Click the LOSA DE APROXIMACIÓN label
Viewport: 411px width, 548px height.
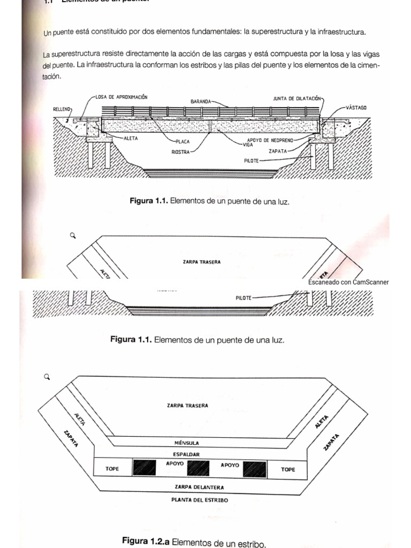point(121,97)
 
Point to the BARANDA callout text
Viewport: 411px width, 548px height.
point(201,101)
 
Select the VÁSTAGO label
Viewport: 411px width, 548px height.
point(356,108)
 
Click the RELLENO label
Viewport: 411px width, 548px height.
point(62,109)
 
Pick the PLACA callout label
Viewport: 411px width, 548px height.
point(184,142)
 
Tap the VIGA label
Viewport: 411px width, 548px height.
point(248,144)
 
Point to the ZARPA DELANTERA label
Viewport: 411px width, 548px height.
point(199,487)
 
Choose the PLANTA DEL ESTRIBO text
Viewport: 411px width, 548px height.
point(200,500)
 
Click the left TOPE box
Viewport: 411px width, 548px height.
point(113,469)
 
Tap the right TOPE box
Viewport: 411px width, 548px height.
point(287,469)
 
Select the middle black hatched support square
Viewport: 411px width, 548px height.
point(198,469)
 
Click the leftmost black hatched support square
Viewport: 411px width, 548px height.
point(144,469)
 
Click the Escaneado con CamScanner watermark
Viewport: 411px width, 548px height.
point(348,282)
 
